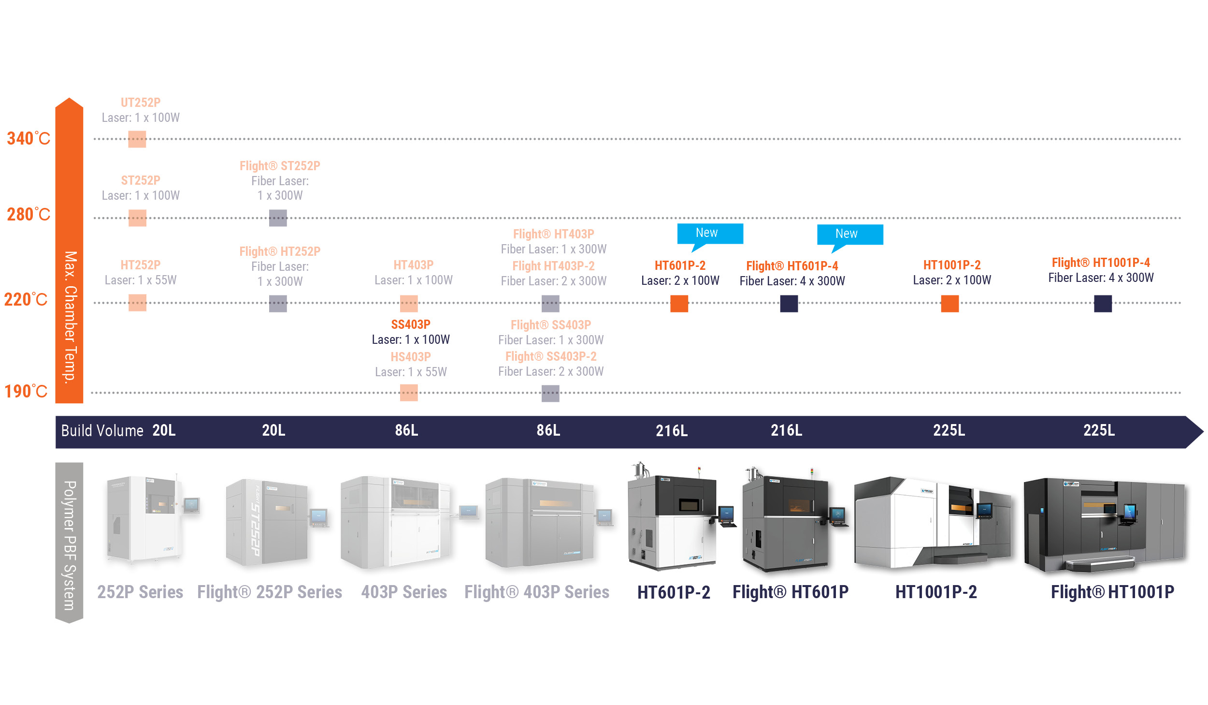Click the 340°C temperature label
tap(29, 139)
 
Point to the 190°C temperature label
tap(26, 391)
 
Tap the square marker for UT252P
tap(137, 139)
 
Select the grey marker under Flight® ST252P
tap(278, 218)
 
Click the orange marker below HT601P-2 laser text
tap(679, 304)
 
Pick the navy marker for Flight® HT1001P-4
tap(1103, 304)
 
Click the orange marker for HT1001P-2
tap(949, 304)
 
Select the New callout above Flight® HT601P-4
tap(849, 235)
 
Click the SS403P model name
tap(411, 324)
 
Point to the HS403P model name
tap(411, 357)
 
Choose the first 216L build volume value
tap(672, 430)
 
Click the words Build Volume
tap(102, 430)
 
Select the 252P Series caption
tap(140, 592)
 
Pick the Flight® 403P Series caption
tap(537, 592)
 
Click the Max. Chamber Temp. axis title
tap(70, 317)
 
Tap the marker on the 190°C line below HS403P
tap(409, 393)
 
